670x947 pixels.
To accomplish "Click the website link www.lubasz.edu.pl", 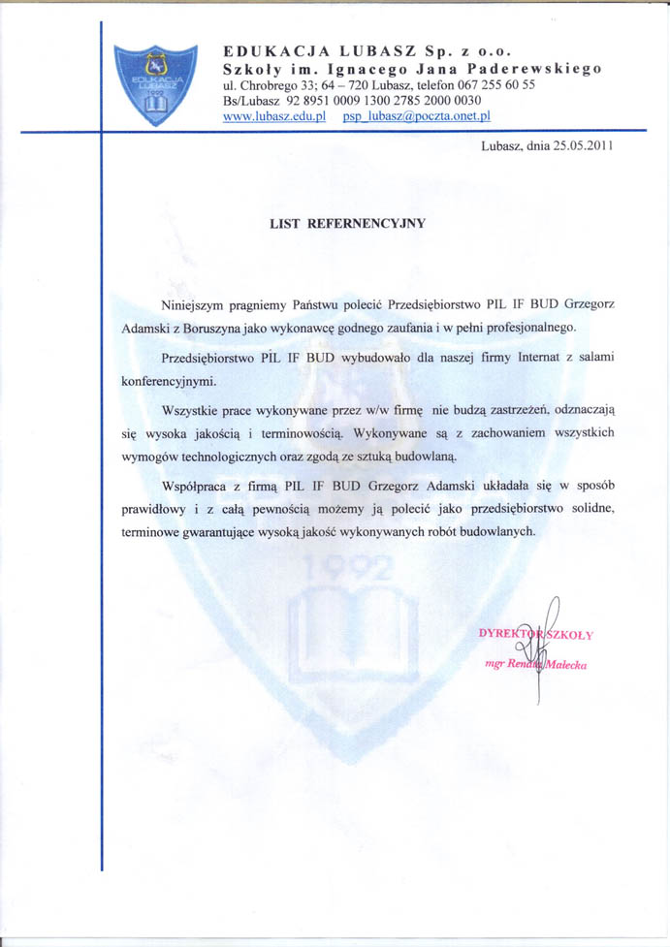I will [272, 116].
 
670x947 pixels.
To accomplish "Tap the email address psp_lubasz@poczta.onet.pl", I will [417, 116].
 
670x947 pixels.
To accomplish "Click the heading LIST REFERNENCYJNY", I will [347, 222].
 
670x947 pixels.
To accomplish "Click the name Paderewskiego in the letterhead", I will [541, 69].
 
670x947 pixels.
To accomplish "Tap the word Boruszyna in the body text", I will [220, 328].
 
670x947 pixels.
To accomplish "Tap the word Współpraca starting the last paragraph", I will [198, 487].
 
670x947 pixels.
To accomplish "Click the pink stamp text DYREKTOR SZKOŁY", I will [535, 635].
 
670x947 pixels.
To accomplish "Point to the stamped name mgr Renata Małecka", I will [535, 665].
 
